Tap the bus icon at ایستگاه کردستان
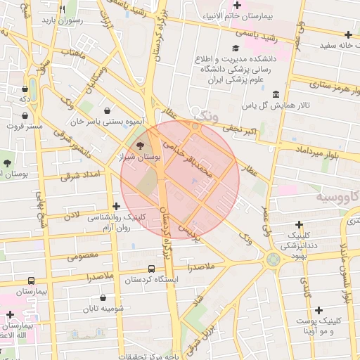151,269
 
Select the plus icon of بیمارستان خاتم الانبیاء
237,6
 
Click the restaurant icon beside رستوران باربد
62,9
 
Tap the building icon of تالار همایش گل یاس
275,94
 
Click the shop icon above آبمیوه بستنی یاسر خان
107,110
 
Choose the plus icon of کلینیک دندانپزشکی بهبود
301,224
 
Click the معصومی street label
83,255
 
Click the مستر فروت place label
24,127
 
